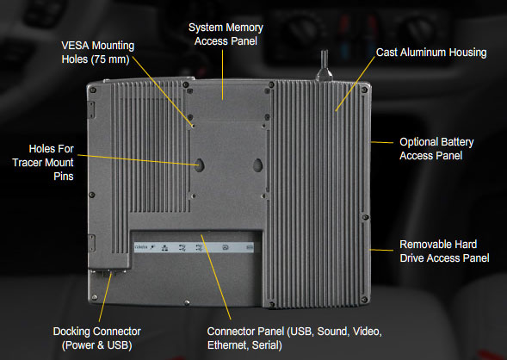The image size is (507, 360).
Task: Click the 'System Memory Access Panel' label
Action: click(x=226, y=34)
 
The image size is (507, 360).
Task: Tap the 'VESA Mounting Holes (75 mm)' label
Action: click(x=97, y=53)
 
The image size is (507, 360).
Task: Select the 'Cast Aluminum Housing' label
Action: click(x=431, y=53)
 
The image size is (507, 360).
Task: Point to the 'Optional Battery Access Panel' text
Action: click(x=436, y=149)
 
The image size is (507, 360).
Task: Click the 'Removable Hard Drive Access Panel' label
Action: click(x=444, y=251)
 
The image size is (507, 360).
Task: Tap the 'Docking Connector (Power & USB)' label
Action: click(x=97, y=338)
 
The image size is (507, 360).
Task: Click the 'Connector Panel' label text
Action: click(x=245, y=332)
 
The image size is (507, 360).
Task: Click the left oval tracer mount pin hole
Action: click(x=200, y=165)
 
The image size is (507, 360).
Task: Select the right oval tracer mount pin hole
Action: click(x=257, y=165)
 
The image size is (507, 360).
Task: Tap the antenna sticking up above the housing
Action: click(x=324, y=65)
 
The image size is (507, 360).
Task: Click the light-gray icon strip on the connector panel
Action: click(x=194, y=247)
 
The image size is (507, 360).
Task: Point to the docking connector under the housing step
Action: click(x=108, y=273)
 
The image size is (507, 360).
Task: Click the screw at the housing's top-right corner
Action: click(x=364, y=90)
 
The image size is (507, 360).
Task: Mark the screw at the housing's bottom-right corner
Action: click(x=364, y=300)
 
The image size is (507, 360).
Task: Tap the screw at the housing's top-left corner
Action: click(x=93, y=90)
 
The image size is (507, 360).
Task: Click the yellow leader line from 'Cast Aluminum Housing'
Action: click(x=355, y=84)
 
